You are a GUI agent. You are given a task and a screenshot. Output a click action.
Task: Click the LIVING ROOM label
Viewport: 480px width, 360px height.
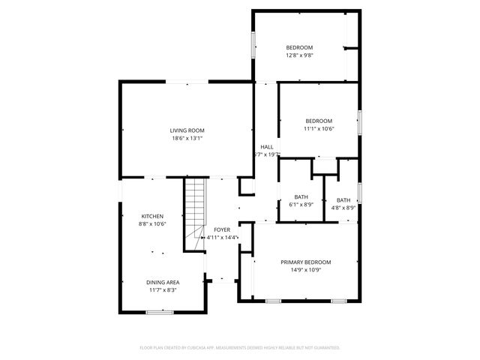187,130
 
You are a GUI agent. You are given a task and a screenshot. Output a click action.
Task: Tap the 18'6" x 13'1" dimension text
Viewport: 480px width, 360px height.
187,138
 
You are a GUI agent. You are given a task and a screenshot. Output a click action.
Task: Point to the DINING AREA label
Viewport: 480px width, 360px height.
163,282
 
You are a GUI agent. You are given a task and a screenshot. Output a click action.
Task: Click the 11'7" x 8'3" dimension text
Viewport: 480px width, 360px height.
163,290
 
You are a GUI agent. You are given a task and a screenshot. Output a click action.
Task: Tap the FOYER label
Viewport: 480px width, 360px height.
222,229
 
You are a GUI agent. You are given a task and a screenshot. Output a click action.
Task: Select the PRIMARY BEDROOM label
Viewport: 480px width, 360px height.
305,262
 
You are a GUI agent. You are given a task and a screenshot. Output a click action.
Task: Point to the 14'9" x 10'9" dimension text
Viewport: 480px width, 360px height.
305,270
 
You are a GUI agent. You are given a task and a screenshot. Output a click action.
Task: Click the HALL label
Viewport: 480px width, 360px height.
266,146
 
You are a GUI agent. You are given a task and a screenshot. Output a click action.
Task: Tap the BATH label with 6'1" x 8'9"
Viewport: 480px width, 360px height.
301,196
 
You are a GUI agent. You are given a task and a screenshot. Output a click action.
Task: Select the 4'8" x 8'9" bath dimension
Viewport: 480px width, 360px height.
343,208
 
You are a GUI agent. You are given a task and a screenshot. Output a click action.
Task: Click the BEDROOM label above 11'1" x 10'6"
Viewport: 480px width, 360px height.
319,121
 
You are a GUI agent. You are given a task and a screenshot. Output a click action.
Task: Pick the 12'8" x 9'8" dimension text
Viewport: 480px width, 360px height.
299,55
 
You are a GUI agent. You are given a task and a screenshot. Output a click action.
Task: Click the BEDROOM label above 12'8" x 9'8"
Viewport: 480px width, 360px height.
299,46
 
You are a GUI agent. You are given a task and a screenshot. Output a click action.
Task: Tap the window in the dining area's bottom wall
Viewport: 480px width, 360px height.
160,311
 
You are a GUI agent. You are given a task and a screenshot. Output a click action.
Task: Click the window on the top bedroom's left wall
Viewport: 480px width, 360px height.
253,44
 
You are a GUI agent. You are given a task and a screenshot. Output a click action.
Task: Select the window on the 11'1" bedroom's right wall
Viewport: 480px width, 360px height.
360,121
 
